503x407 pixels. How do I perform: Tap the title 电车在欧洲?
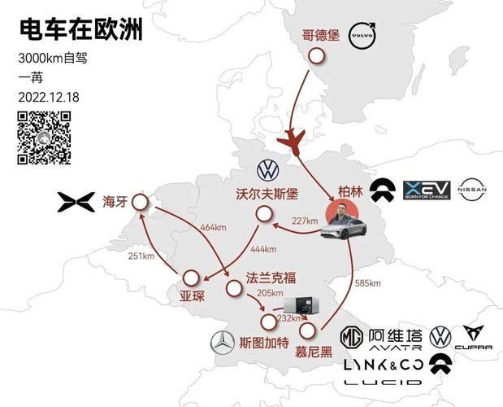(x=80, y=31)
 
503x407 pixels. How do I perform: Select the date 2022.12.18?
(x=49, y=95)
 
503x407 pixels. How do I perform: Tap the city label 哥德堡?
(x=319, y=36)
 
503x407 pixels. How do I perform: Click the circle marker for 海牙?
(x=140, y=202)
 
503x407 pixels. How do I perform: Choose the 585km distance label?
(x=368, y=284)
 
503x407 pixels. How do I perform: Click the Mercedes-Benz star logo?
(x=221, y=343)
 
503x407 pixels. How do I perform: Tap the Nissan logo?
(x=472, y=190)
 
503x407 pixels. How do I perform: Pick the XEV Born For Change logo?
(x=427, y=190)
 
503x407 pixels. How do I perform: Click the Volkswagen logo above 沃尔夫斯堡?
(x=268, y=170)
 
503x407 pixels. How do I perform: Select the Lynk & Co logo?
(x=383, y=364)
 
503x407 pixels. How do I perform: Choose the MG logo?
(x=350, y=336)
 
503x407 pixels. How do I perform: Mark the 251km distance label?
(x=141, y=256)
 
